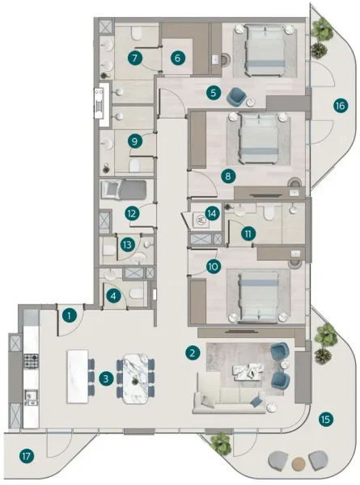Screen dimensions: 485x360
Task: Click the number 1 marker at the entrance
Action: tap(70, 314)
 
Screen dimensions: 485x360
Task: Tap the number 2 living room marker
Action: tap(192, 352)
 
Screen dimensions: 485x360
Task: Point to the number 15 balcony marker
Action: tap(325, 419)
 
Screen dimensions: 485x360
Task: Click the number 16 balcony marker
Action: tap(340, 105)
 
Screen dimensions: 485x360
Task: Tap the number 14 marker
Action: tap(212, 214)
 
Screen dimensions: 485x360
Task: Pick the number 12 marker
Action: tap(131, 213)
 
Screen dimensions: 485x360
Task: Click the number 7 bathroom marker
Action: tap(135, 57)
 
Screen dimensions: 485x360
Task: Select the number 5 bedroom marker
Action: tap(213, 93)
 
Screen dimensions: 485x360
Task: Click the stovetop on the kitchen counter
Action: tap(31, 360)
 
